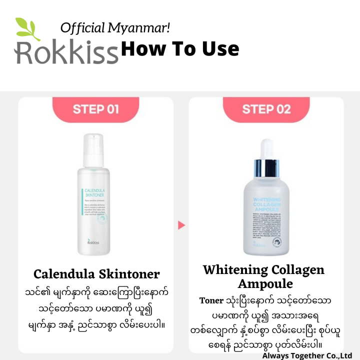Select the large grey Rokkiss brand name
tap(66, 51)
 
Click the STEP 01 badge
tap(95, 109)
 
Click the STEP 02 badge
tap(266, 109)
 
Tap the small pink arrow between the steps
tap(181, 225)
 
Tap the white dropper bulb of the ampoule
tap(265, 149)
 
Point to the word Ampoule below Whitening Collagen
tap(263, 284)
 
